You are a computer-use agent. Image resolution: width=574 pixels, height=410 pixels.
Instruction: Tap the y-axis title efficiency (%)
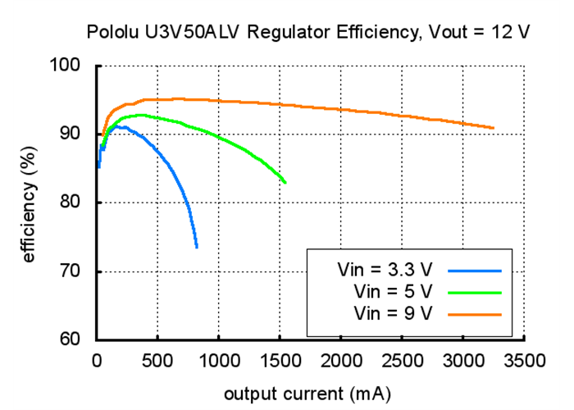pos(29,202)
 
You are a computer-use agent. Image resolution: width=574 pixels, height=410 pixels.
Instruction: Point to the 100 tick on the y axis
pos(76,65)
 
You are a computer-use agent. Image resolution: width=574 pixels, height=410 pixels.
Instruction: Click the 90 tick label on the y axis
pos(80,134)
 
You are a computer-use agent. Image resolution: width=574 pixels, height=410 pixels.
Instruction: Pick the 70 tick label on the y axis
pos(80,271)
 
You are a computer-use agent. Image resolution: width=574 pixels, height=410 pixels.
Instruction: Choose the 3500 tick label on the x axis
pos(525,360)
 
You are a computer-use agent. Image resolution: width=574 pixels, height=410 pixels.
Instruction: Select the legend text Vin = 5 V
pos(392,291)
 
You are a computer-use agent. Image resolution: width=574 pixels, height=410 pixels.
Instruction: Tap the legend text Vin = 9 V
pos(392,312)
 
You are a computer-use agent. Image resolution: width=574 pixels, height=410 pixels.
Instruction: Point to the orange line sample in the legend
pos(475,312)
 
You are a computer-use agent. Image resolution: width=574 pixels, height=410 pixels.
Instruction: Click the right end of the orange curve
pos(493,128)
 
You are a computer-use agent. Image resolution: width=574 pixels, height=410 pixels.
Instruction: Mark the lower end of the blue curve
pos(197,247)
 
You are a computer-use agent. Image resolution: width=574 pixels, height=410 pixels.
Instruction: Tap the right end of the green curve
pos(285,182)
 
